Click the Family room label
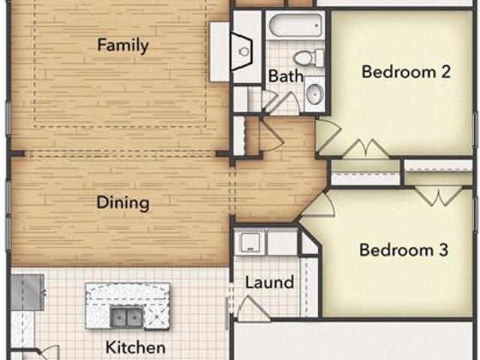pyautogui.click(x=123, y=45)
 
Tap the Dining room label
pyautogui.click(x=123, y=202)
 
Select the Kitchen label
pyautogui.click(x=135, y=347)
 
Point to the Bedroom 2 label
pyautogui.click(x=406, y=71)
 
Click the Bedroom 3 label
pyautogui.click(x=403, y=250)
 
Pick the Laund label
pyautogui.click(x=269, y=282)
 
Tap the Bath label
pyautogui.click(x=286, y=76)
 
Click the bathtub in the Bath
pyautogui.click(x=295, y=25)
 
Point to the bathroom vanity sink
pyautogui.click(x=315, y=93)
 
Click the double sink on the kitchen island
pyautogui.click(x=127, y=317)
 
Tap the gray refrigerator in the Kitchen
pyautogui.click(x=28, y=292)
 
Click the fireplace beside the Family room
pyautogui.click(x=241, y=52)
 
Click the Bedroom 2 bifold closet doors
pyautogui.click(x=365, y=148)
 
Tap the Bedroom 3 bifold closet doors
pyautogui.click(x=439, y=196)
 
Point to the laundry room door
pyautogui.click(x=253, y=308)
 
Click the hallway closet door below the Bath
pyautogui.click(x=271, y=135)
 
